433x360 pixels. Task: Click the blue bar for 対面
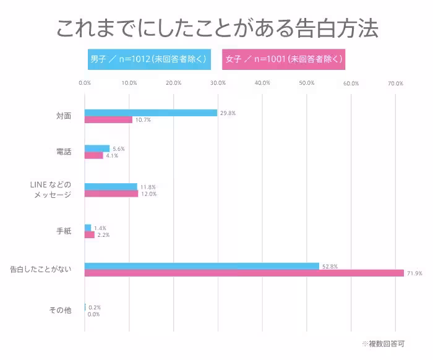151,113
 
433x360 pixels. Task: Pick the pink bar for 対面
108,120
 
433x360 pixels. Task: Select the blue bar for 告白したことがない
202,266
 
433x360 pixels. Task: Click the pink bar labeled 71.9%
244,273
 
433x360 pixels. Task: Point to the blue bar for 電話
97,148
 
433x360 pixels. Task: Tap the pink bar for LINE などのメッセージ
111,194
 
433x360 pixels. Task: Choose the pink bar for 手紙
90,235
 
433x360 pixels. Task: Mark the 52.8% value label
330,266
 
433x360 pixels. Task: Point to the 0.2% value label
95,307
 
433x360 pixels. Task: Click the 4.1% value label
111,156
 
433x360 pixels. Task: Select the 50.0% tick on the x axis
307,84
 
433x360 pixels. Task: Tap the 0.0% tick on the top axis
85,84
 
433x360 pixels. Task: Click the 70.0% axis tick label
395,84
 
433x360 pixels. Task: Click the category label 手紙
64,231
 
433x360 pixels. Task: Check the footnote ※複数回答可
384,343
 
